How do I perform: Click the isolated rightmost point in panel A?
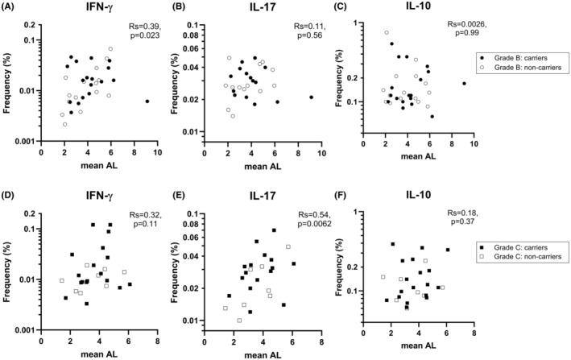pyautogui.click(x=147, y=101)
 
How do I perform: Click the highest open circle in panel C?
pyautogui.click(x=387, y=33)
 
